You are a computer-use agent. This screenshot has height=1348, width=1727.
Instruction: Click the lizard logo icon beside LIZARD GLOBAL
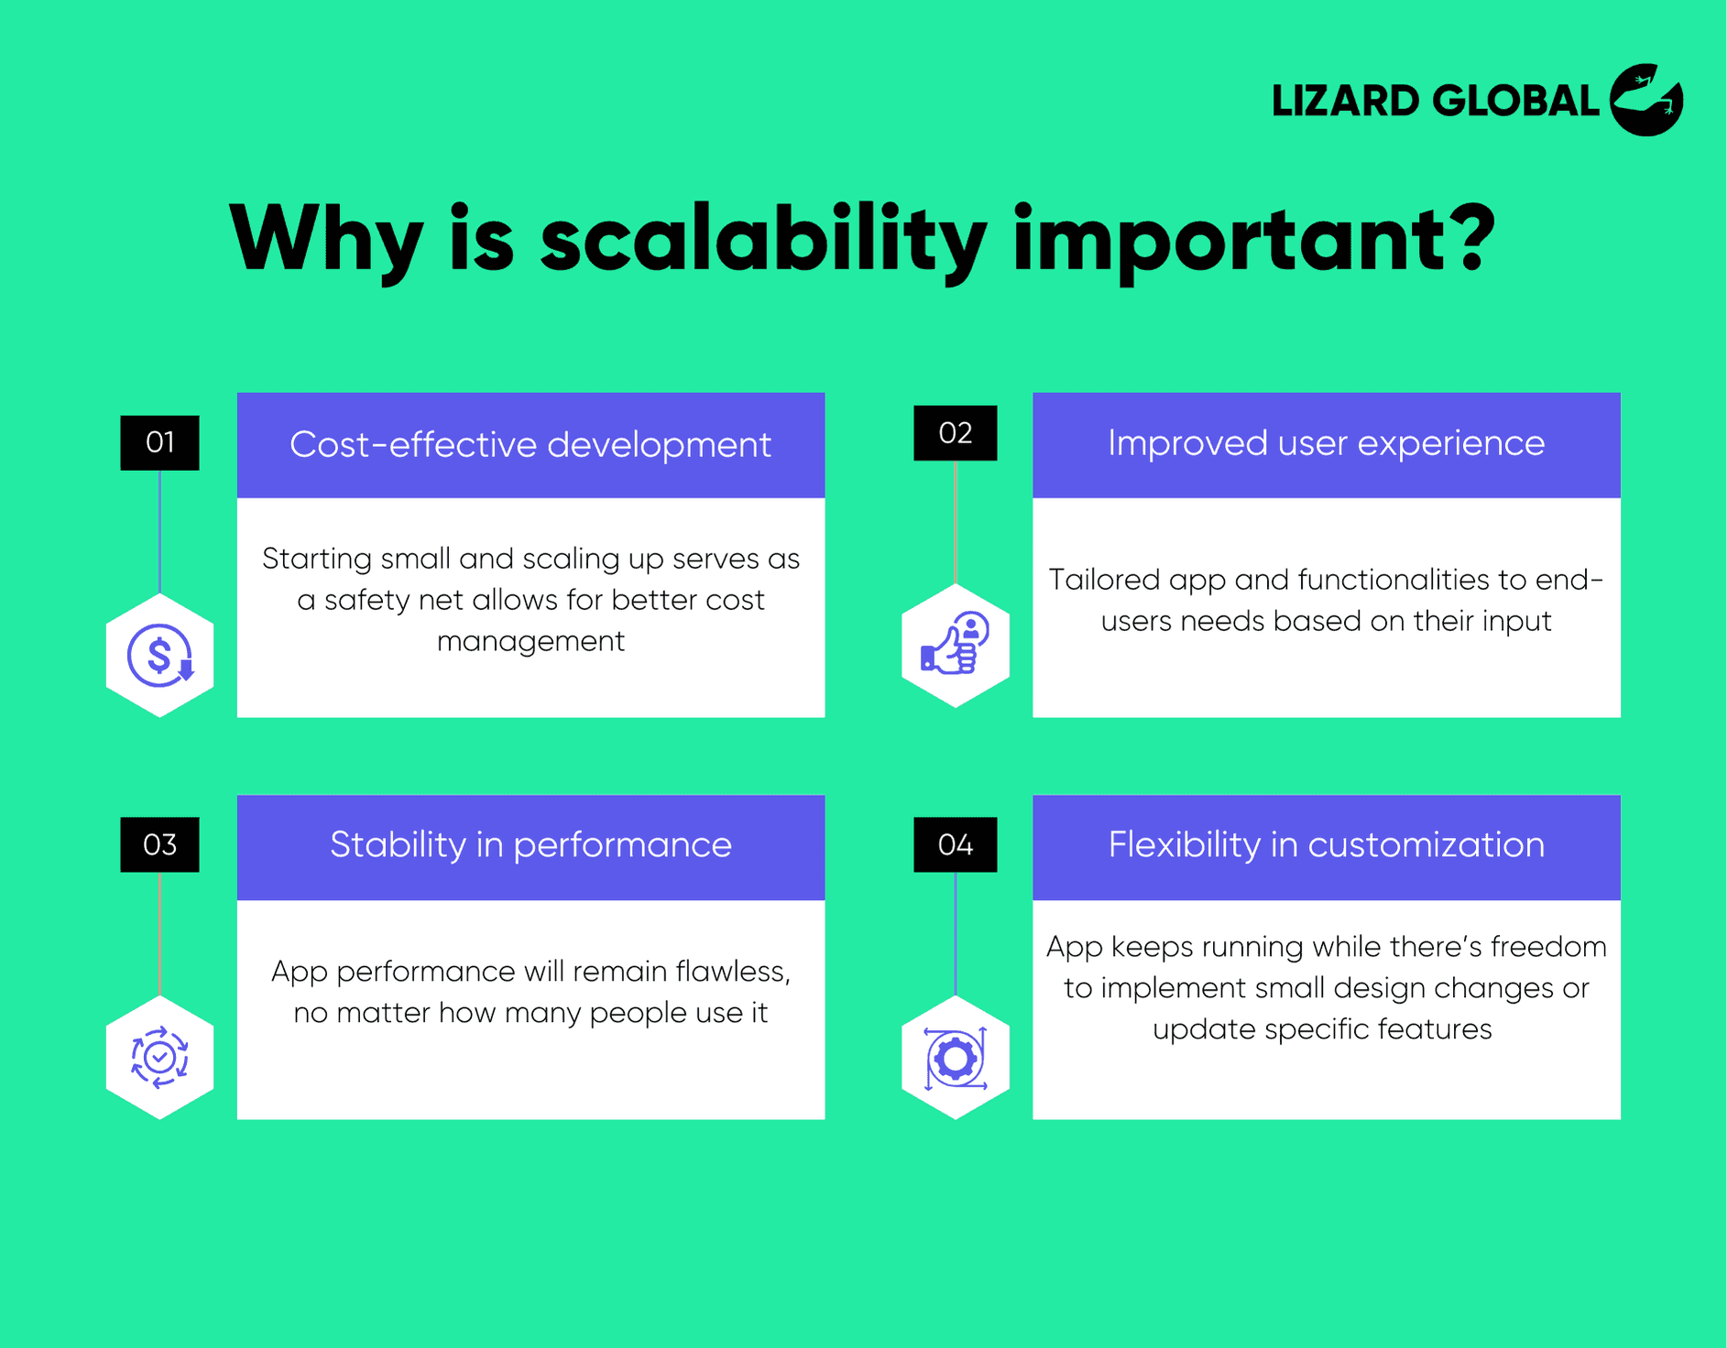click(x=1646, y=100)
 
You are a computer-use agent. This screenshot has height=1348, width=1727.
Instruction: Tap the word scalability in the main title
click(x=763, y=240)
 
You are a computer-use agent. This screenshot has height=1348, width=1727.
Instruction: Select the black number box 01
click(x=159, y=442)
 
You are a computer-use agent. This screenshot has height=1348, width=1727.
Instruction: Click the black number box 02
click(x=955, y=433)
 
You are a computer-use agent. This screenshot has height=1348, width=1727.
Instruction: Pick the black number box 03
click(x=159, y=844)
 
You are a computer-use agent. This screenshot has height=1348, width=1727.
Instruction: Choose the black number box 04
click(x=955, y=844)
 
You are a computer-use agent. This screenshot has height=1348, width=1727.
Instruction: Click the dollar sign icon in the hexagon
click(x=159, y=656)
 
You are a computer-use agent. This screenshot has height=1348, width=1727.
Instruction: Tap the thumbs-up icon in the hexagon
click(x=955, y=645)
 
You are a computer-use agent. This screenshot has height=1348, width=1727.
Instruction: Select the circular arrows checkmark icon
click(x=159, y=1057)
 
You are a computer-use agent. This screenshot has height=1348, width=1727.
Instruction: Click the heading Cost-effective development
click(x=530, y=445)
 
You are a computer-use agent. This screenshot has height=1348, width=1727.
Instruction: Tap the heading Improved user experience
click(x=1326, y=443)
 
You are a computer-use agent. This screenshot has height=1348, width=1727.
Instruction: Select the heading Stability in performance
click(x=530, y=845)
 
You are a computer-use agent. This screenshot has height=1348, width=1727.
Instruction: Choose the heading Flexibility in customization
click(x=1326, y=845)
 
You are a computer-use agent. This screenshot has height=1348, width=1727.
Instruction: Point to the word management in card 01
click(x=530, y=641)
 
